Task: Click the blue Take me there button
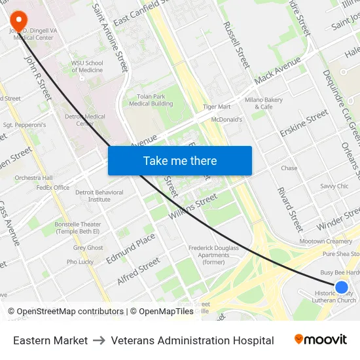point(179,160)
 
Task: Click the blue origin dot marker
point(341,287)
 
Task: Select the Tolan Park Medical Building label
point(151,100)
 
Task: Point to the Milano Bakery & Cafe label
point(264,103)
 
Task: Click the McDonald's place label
point(226,120)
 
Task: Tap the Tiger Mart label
point(217,107)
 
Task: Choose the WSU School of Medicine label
point(87,67)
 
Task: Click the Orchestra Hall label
point(33,178)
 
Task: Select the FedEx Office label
point(53,188)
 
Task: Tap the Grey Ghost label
point(88,248)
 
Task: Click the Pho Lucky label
point(80,262)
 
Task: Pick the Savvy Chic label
point(334,187)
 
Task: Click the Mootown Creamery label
point(325,242)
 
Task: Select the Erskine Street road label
point(304,122)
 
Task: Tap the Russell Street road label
point(236,45)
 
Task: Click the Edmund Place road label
point(131,248)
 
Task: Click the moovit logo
point(321,340)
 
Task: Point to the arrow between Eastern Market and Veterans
point(99,340)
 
